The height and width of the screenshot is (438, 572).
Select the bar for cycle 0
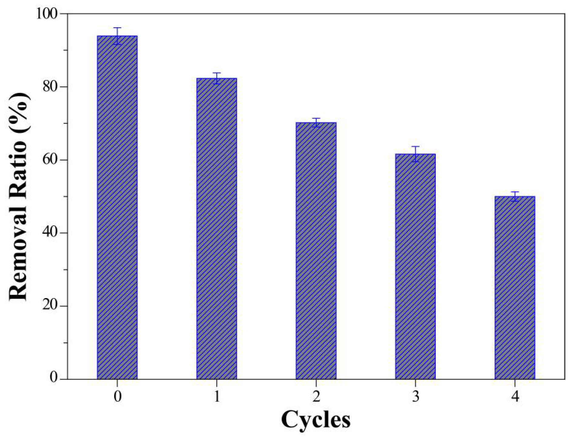point(117,208)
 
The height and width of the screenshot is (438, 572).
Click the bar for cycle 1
point(217,229)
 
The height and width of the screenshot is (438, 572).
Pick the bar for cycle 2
point(316,251)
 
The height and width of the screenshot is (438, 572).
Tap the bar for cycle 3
point(415,267)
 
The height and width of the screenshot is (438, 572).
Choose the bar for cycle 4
point(515,288)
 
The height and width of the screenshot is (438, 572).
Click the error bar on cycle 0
point(117,36)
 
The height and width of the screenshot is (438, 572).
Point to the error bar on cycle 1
point(217,78)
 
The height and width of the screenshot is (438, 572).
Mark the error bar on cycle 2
point(316,122)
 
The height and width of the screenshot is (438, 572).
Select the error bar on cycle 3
point(415,154)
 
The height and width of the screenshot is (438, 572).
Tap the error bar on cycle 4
point(515,196)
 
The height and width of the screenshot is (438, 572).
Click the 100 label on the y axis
point(47,14)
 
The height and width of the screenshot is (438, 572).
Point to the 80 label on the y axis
point(50,87)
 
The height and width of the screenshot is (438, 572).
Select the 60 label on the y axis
point(50,160)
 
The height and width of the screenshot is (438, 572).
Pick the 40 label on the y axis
point(50,233)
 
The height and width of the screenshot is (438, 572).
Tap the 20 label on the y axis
point(50,306)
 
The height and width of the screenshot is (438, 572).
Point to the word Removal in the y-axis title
point(18,255)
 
